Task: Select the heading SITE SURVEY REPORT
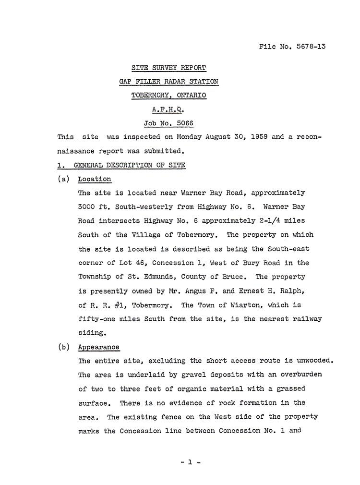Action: (169, 68)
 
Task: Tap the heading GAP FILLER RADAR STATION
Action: (169, 82)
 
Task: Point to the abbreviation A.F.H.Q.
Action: (169, 109)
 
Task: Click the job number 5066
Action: (184, 123)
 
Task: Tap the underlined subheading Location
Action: (95, 179)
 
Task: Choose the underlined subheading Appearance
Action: (98, 347)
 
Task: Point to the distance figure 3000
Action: (87, 207)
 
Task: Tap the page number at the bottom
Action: (190, 463)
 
